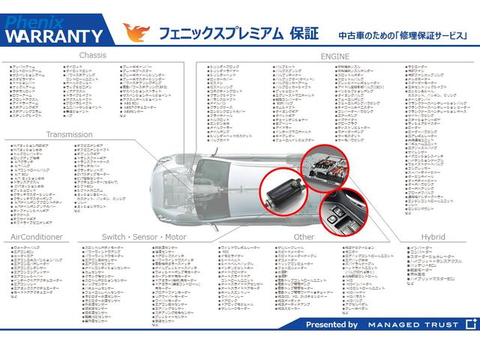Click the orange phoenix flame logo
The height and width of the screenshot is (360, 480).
136,33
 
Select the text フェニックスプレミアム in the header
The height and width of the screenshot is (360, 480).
219,34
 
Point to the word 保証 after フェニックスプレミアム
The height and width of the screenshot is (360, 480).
304,34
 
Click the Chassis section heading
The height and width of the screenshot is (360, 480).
92,55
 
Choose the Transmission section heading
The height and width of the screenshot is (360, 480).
68,135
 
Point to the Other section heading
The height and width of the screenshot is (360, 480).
304,237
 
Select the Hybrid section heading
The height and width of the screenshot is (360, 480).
432,237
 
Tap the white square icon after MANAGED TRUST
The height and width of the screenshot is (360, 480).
470,324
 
